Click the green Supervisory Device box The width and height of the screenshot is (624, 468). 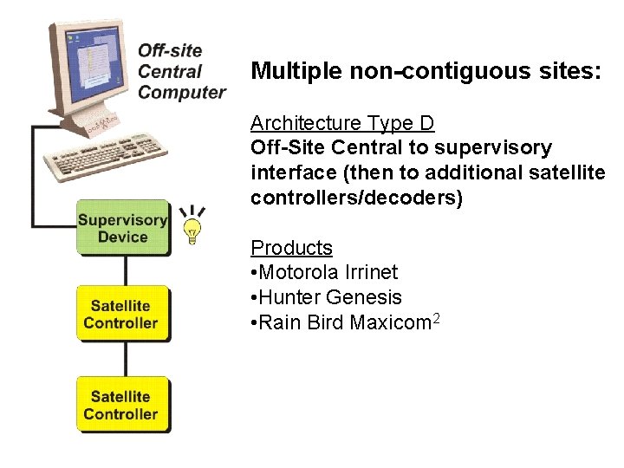(x=122, y=228)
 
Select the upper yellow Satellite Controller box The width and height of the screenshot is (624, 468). (x=121, y=314)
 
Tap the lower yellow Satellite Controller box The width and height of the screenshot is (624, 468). (x=121, y=405)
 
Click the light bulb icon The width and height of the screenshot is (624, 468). (x=192, y=228)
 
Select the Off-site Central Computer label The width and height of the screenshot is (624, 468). (x=181, y=72)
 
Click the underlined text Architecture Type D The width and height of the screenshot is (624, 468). (x=342, y=123)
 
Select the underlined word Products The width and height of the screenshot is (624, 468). (x=291, y=248)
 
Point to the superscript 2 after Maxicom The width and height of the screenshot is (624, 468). (x=438, y=319)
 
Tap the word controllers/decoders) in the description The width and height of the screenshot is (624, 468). (x=357, y=198)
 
